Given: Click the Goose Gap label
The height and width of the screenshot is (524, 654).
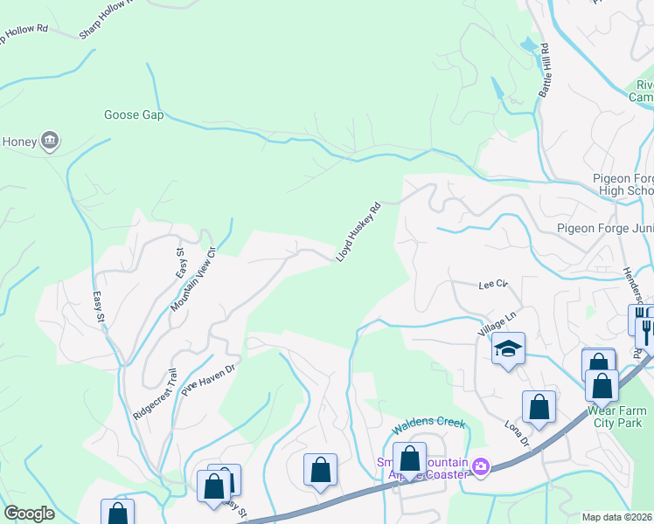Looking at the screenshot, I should coord(134,114).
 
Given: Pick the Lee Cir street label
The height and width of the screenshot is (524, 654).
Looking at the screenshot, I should coord(493,284).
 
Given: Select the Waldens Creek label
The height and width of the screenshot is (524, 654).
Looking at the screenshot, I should coord(426,424).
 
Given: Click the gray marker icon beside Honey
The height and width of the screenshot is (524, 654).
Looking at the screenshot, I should coord(49,140).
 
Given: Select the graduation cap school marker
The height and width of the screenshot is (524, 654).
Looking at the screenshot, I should coord(508,349).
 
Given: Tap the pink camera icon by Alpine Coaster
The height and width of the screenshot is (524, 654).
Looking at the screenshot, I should coord(479,466).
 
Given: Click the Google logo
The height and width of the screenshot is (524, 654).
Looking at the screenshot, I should coord(29,514).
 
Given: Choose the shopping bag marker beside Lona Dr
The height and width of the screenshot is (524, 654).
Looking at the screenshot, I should coord(539,407).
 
